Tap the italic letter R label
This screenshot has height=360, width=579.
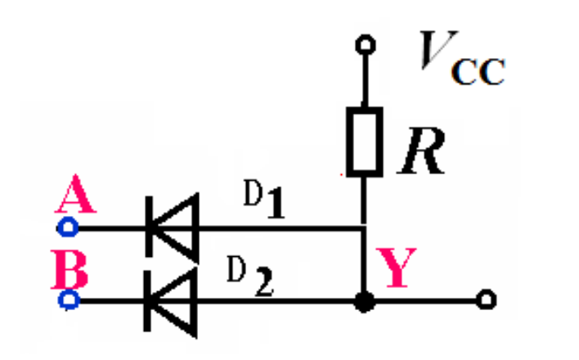pyautogui.click(x=422, y=151)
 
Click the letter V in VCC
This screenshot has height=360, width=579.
pyautogui.click(x=438, y=50)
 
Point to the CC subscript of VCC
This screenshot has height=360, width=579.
pyautogui.click(x=478, y=72)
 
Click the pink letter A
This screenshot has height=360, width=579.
pyautogui.click(x=76, y=194)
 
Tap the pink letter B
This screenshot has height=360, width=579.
pyautogui.click(x=70, y=268)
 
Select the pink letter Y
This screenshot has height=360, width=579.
pyautogui.click(x=396, y=268)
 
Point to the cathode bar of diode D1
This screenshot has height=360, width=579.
pyautogui.click(x=149, y=227)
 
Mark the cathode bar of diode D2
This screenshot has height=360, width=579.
pyautogui.click(x=147, y=301)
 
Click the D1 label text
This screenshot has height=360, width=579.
pyautogui.click(x=264, y=199)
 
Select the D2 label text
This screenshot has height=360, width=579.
pyautogui.click(x=250, y=276)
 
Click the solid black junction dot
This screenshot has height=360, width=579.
pyautogui.click(x=364, y=301)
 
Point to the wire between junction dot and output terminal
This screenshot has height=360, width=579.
pyautogui.click(x=425, y=301)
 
